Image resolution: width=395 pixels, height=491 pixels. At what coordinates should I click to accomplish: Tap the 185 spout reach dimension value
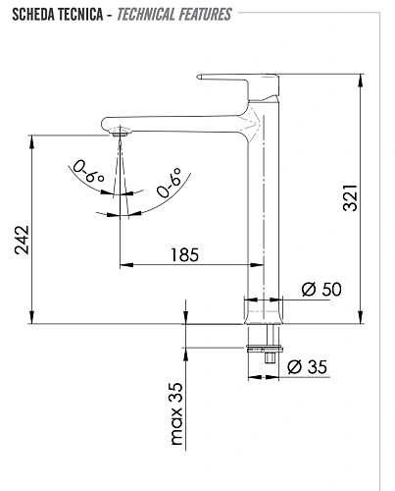click(183, 254)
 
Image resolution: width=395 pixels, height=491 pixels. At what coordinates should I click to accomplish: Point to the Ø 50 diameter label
click(321, 289)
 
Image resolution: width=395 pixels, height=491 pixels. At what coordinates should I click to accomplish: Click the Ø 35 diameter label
click(310, 367)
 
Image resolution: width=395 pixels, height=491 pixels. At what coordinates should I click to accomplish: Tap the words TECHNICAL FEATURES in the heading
click(173, 15)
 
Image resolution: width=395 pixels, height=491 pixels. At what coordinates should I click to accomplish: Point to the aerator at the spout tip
click(119, 131)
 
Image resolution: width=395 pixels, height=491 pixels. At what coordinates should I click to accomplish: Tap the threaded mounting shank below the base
click(264, 349)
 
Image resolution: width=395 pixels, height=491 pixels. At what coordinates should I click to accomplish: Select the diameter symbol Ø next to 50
click(307, 289)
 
